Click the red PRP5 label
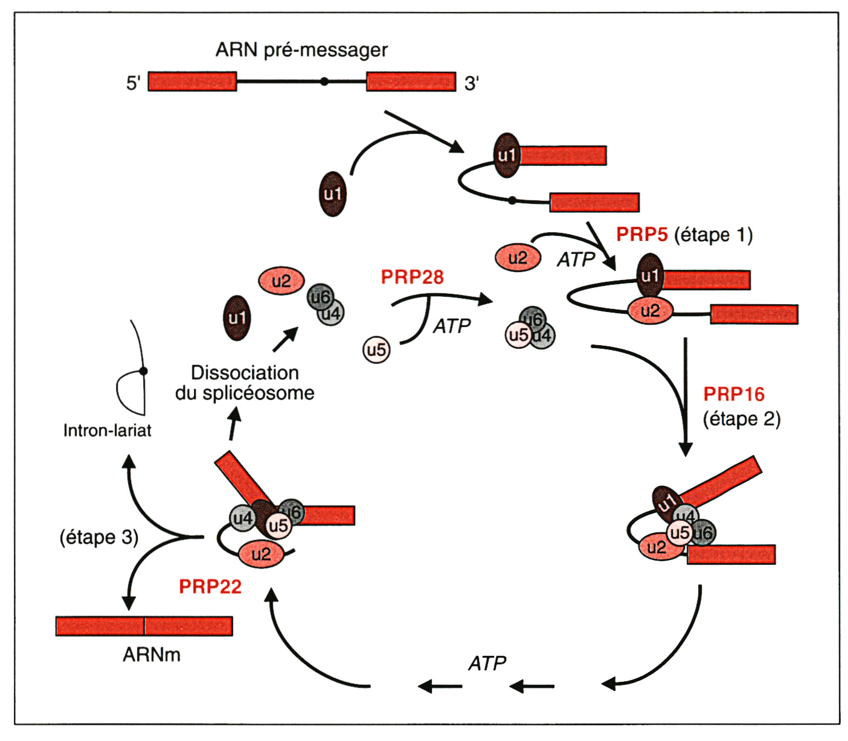click(x=641, y=235)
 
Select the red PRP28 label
click(x=412, y=277)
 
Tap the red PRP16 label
click(x=733, y=394)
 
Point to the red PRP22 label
click(x=210, y=587)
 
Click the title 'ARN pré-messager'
click(x=301, y=49)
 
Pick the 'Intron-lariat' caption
click(x=107, y=430)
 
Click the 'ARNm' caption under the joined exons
click(x=151, y=655)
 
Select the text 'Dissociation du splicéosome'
click(x=245, y=383)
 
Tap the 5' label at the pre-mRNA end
click(x=133, y=83)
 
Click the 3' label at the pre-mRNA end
click(x=472, y=83)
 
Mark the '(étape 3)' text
click(x=98, y=537)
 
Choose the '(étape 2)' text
click(x=741, y=419)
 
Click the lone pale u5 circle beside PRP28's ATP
click(x=376, y=350)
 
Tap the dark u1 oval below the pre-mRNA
click(x=333, y=194)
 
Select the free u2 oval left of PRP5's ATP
click(x=518, y=258)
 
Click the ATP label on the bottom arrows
click(x=487, y=663)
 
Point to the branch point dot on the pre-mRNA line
click(x=324, y=81)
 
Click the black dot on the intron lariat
click(x=144, y=371)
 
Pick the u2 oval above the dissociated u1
click(x=281, y=281)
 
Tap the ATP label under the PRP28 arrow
click(x=452, y=326)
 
